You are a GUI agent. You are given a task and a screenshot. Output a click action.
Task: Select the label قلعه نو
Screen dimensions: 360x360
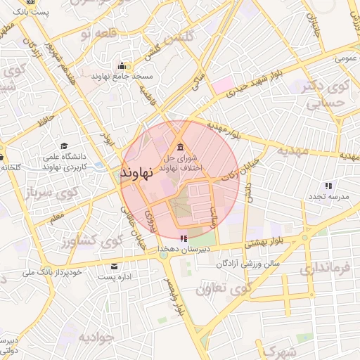[x=96, y=34]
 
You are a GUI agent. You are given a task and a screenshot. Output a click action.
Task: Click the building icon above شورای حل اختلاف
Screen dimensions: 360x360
[x=181, y=147]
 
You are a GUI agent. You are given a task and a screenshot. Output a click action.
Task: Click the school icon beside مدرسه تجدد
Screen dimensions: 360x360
[x=328, y=186]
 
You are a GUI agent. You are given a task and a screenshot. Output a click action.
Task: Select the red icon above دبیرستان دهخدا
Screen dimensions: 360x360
[x=184, y=238]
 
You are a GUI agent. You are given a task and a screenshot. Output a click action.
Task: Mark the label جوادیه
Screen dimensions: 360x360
[x=96, y=336]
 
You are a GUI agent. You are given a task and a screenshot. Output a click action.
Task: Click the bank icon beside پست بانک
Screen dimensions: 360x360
[x=30, y=2]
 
